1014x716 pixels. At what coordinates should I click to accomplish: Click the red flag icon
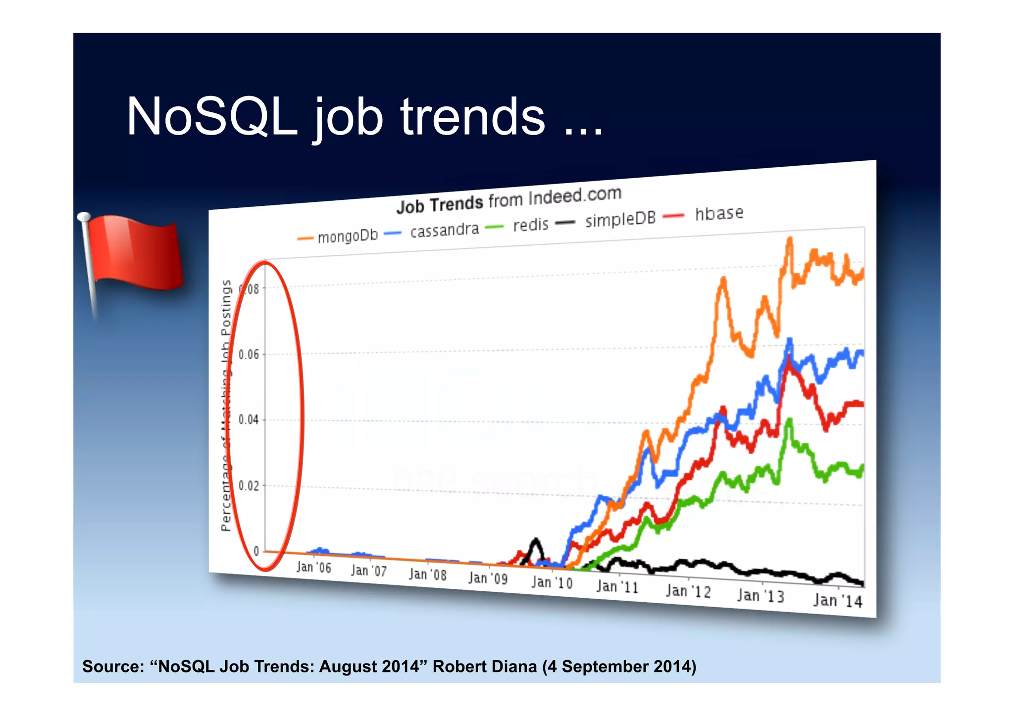[134, 252]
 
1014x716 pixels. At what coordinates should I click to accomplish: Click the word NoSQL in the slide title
[212, 117]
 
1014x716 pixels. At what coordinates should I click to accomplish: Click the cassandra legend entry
[444, 230]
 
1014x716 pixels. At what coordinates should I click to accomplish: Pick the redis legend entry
[530, 225]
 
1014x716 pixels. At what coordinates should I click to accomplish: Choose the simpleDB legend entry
[620, 219]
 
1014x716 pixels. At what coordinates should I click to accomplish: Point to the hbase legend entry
[718, 213]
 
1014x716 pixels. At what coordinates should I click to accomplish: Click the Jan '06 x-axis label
[313, 567]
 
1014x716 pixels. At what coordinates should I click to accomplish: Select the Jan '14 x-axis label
[837, 600]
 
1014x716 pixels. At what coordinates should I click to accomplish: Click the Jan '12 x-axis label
[688, 591]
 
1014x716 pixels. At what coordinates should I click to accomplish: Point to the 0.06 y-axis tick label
[249, 354]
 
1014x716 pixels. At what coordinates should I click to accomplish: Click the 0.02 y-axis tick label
[249, 485]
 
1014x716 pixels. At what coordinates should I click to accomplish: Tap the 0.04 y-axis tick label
[249, 420]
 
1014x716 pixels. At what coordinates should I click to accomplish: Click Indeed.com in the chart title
[574, 196]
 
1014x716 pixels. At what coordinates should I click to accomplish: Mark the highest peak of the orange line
[790, 239]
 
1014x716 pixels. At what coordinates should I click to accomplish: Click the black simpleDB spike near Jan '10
[535, 540]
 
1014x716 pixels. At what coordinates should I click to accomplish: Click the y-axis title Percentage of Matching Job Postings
[226, 406]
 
